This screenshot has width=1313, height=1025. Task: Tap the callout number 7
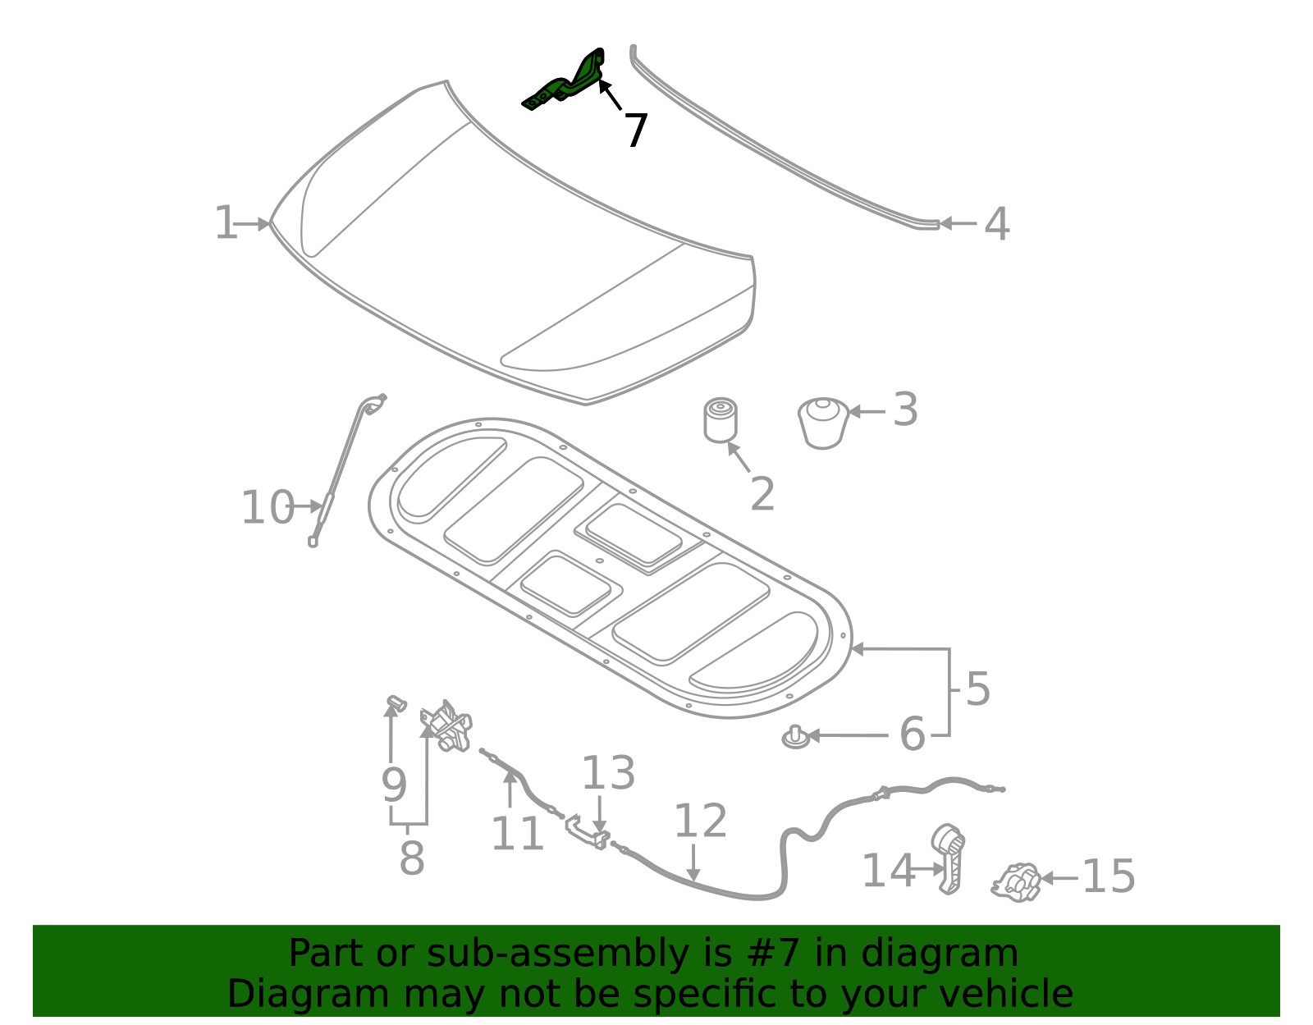(635, 130)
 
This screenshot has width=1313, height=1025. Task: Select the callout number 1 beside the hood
(225, 223)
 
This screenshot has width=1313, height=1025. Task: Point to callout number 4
(996, 224)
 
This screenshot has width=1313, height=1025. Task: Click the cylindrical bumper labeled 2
(720, 420)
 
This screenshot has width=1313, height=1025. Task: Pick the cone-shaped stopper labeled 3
(823, 422)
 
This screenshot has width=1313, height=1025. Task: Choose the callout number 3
(904, 410)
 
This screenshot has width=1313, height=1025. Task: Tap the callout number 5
(977, 689)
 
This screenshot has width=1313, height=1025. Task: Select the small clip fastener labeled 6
(794, 736)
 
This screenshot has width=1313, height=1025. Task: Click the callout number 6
(912, 734)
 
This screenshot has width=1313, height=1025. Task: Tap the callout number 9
(394, 785)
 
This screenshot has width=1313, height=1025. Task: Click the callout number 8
(411, 858)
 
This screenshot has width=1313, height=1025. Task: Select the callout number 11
(517, 835)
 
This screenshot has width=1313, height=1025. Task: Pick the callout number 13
(608, 773)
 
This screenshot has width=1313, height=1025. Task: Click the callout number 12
(700, 821)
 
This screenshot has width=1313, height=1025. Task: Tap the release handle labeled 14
(949, 858)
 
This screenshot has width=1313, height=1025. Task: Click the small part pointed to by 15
(1017, 882)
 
